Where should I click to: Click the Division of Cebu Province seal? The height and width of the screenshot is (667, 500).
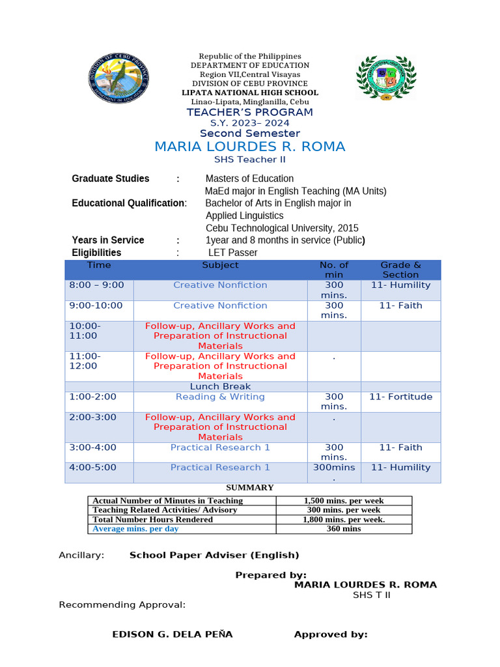pyautogui.click(x=119, y=78)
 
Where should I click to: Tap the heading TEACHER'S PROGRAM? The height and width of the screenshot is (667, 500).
pyautogui.click(x=249, y=112)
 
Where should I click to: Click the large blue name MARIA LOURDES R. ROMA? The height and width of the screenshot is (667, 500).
pyautogui.click(x=249, y=147)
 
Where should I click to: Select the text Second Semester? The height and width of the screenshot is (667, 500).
pyautogui.click(x=249, y=134)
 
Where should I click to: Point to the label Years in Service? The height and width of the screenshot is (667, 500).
pyautogui.click(x=108, y=240)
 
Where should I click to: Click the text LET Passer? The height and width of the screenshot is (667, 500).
pyautogui.click(x=232, y=252)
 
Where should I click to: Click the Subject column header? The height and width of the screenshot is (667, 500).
pyautogui.click(x=220, y=265)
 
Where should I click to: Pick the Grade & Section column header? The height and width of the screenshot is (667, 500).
pyautogui.click(x=400, y=270)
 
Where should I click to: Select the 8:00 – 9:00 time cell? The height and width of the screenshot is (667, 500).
pyautogui.click(x=96, y=285)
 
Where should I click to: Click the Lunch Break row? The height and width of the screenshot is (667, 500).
pyautogui.click(x=220, y=386)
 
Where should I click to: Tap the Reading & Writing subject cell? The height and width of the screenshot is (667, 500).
pyautogui.click(x=220, y=397)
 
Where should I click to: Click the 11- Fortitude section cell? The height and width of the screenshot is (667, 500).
pyautogui.click(x=400, y=397)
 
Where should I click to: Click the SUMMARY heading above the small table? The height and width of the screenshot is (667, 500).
pyautogui.click(x=249, y=487)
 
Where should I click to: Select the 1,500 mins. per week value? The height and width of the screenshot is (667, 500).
pyautogui.click(x=344, y=500)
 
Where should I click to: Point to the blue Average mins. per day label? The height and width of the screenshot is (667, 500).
pyautogui.click(x=135, y=529)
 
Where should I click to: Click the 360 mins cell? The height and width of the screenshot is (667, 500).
pyautogui.click(x=344, y=529)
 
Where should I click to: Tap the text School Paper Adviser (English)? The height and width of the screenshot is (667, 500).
pyautogui.click(x=214, y=555)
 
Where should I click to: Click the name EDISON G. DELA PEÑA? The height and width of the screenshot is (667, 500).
pyautogui.click(x=173, y=634)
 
